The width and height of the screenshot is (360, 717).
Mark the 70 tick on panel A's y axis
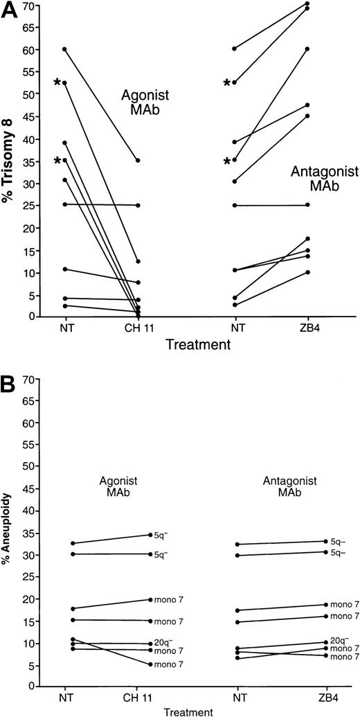[x=30, y=6]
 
